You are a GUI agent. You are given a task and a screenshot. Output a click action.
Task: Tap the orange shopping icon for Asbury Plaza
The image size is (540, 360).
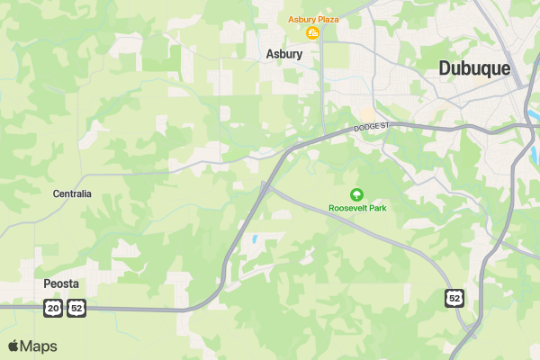(313, 34)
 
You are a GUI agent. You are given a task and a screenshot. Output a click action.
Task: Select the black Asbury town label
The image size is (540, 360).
(283, 54)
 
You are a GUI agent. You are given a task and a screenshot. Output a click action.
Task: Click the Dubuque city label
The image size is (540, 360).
(473, 68)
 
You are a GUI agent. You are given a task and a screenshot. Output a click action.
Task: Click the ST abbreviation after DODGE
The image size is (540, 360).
(383, 125)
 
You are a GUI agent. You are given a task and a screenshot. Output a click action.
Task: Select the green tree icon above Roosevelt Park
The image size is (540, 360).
(356, 193)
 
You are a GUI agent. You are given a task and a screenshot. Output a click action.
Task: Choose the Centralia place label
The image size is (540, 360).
(72, 193)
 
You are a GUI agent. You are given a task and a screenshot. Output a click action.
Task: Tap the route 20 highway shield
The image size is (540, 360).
(53, 309)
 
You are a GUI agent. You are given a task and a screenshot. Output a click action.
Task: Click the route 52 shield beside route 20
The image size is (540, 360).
(76, 309)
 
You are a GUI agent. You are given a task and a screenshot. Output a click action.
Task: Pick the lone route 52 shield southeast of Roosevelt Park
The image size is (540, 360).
(454, 297)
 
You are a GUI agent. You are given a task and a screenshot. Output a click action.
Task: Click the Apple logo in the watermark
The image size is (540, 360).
(14, 346)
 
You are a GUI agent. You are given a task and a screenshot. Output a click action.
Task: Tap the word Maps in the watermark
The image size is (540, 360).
(39, 346)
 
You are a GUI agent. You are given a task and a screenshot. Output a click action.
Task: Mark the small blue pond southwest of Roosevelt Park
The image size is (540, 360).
(255, 240)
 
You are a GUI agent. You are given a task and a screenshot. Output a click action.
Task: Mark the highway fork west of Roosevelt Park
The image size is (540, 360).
(264, 186)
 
